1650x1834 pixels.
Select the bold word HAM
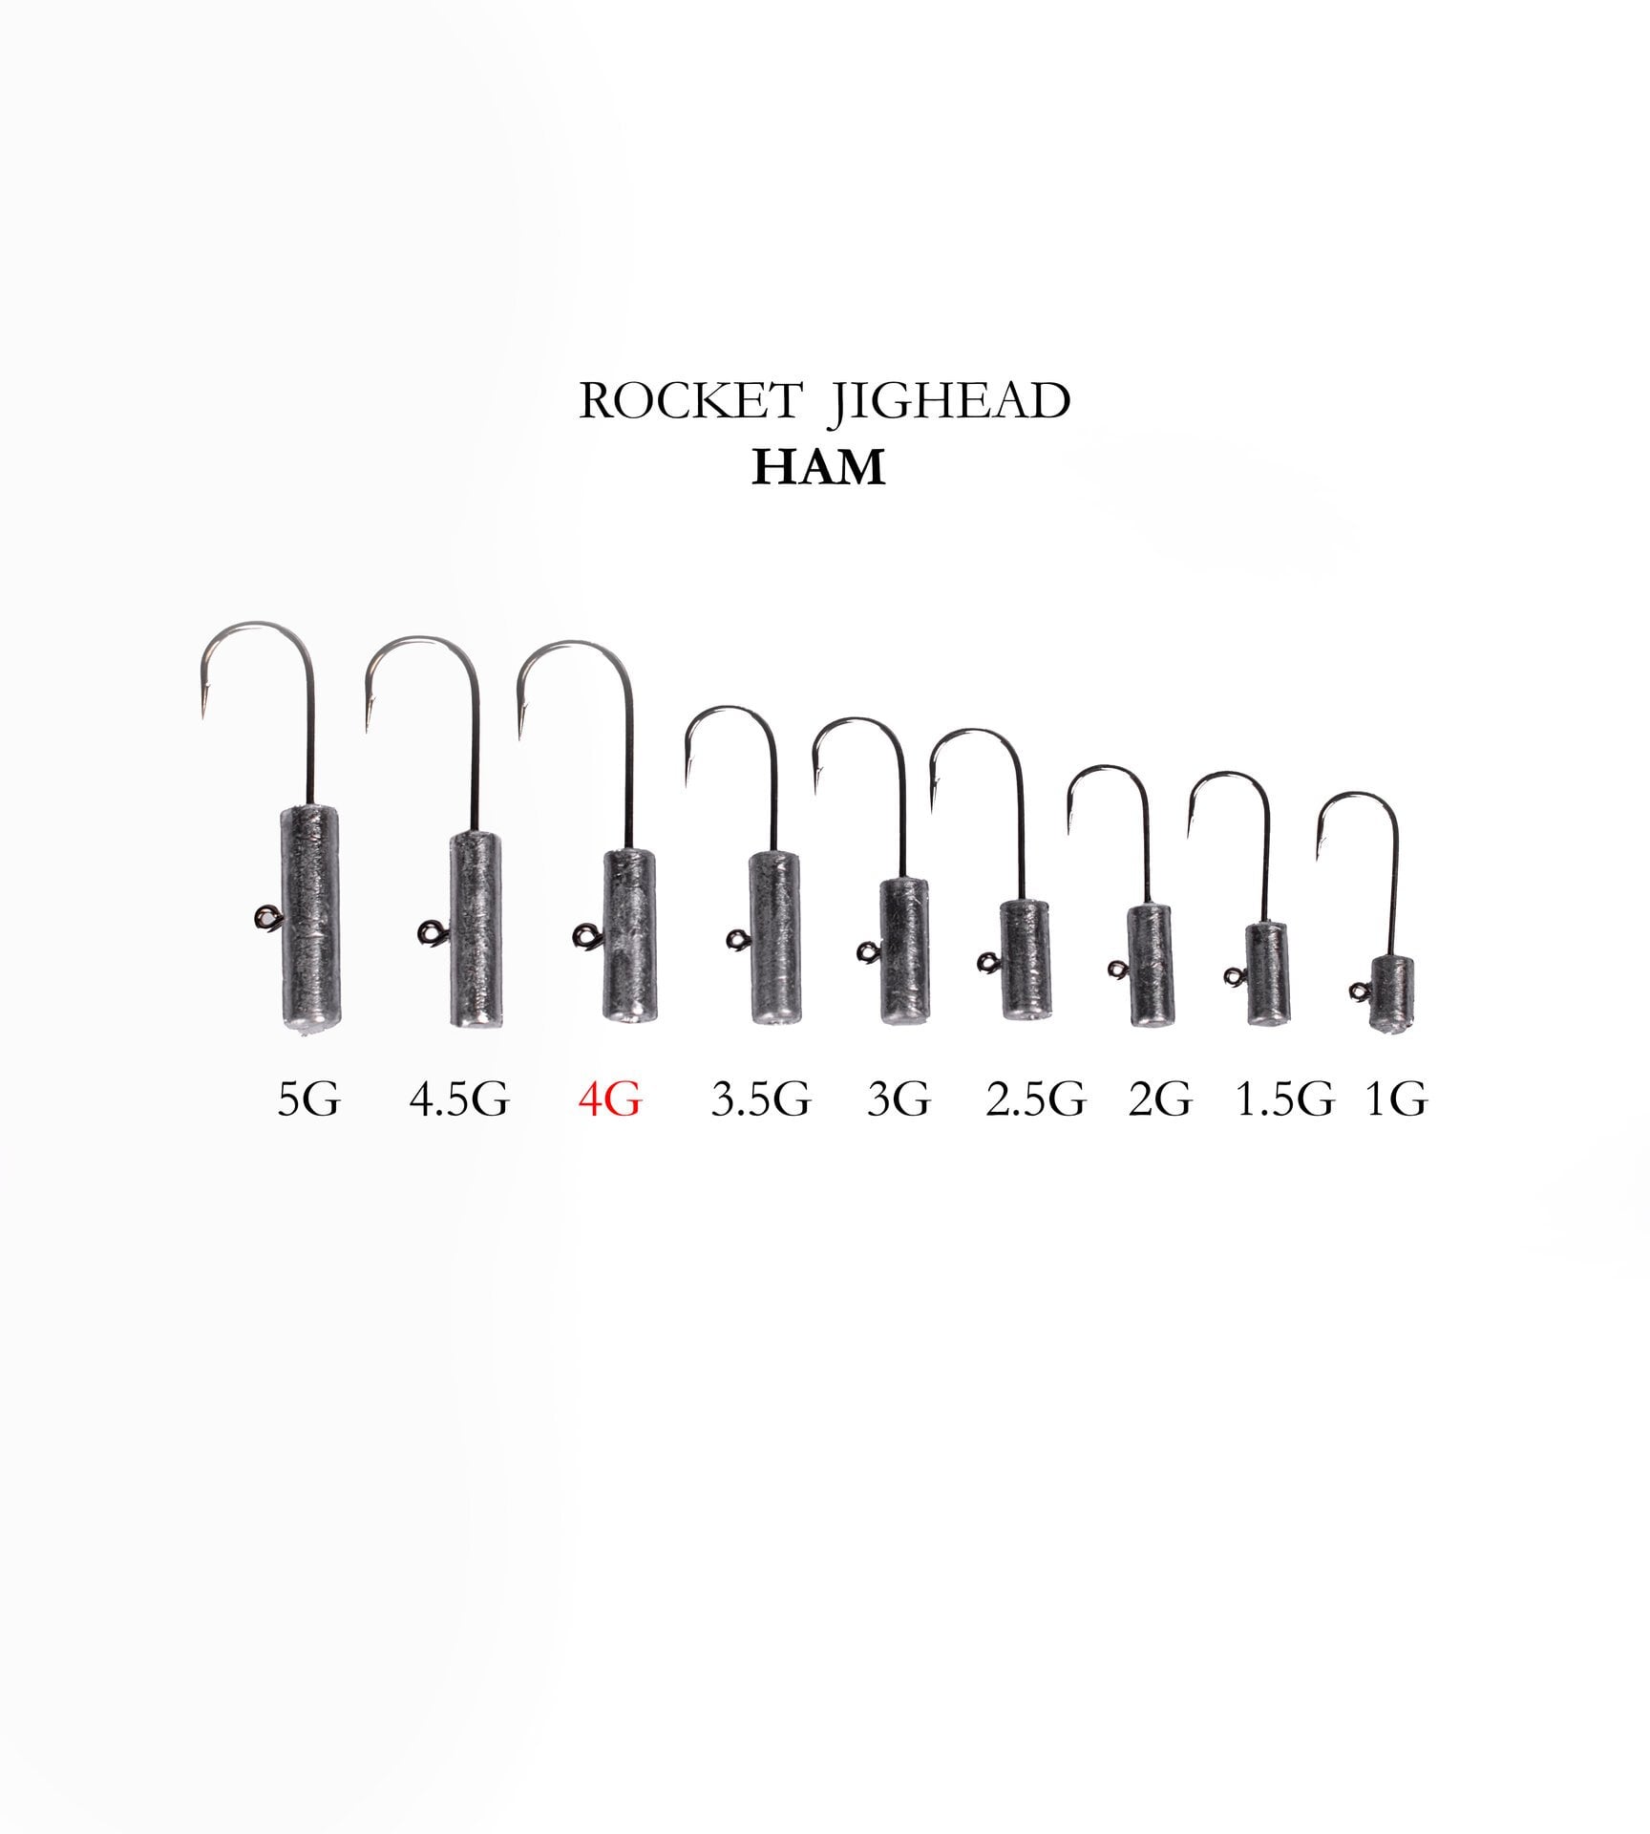tap(818, 467)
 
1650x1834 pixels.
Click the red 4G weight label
tap(609, 1099)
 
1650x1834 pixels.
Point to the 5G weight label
tap(308, 1099)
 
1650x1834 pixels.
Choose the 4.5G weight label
tap(459, 1099)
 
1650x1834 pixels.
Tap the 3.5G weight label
tap(760, 1099)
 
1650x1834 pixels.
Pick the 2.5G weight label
tap(1035, 1099)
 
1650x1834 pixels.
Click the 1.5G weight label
tap(1284, 1099)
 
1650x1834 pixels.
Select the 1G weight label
tap(1396, 1099)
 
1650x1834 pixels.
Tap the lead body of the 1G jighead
tap(1391, 993)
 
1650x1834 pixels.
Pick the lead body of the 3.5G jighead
tap(774, 936)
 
